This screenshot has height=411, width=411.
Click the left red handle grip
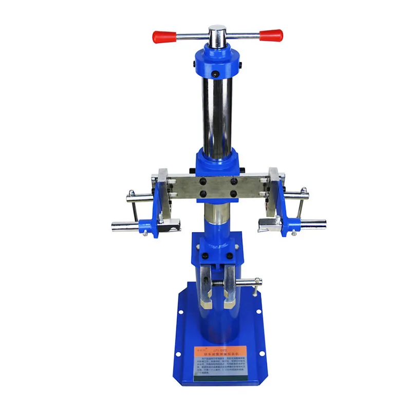(163, 36)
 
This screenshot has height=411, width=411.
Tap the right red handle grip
(271, 35)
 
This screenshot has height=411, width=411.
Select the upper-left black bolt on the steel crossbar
(204, 181)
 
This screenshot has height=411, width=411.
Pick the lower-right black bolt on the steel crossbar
(234, 194)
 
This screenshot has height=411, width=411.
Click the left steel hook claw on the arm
(170, 221)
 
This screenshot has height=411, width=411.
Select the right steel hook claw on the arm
(267, 222)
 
